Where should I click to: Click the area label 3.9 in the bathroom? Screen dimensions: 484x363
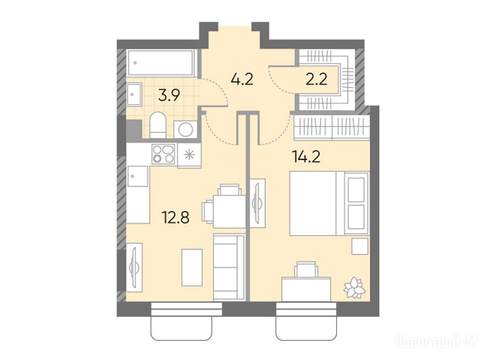[x=169, y=95]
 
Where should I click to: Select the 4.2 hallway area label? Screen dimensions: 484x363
[x=242, y=79]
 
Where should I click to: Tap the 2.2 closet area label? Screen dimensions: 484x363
[x=317, y=79]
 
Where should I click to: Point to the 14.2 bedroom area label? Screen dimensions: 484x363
[x=306, y=157]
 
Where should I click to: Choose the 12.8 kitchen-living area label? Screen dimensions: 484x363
[x=176, y=217]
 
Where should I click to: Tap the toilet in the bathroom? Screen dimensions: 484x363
[x=158, y=125]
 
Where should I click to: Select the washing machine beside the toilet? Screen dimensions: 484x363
[x=185, y=130]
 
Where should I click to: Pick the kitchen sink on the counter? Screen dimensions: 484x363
[x=138, y=176]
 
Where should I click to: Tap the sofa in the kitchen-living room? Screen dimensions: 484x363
[x=229, y=268]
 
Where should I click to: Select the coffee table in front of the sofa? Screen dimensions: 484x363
[x=192, y=268]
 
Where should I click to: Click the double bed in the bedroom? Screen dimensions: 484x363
[x=329, y=203]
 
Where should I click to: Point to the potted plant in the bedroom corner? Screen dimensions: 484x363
[x=354, y=287]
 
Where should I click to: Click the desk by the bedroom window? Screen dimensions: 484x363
[x=306, y=289]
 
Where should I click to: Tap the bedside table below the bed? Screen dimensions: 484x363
[x=360, y=246]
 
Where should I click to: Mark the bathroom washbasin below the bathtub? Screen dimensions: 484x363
[x=134, y=94]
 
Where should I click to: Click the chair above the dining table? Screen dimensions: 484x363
[x=230, y=190]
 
